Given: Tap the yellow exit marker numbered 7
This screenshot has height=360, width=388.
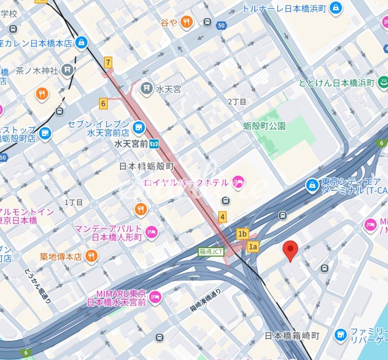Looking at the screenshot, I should click(108, 62).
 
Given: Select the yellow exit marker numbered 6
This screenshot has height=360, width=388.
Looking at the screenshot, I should click(103, 103).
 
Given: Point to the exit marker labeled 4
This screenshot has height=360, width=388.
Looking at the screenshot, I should click(223, 217).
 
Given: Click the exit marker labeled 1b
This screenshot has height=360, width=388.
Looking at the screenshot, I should click(243, 234).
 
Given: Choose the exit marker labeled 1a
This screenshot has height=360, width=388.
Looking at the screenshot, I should click(253, 246).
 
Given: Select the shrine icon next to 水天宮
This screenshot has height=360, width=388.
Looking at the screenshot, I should click(145, 89).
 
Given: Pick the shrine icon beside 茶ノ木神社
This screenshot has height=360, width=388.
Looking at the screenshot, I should click(68, 71).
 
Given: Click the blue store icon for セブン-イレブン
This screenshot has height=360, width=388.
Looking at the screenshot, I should click(140, 127).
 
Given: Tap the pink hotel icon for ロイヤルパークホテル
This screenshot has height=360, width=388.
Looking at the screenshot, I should click(239, 182).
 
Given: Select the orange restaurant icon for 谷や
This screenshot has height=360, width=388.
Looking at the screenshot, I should click(186, 21).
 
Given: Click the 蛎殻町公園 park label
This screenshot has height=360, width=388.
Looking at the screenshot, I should click(265, 126).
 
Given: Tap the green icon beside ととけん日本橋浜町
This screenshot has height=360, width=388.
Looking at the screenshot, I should click(383, 82).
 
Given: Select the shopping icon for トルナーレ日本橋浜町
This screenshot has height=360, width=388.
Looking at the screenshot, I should click(335, 7).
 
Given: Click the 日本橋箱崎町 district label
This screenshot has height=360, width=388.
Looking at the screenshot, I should click(291, 336).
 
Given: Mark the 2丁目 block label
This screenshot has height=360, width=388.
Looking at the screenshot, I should click(237, 101).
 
